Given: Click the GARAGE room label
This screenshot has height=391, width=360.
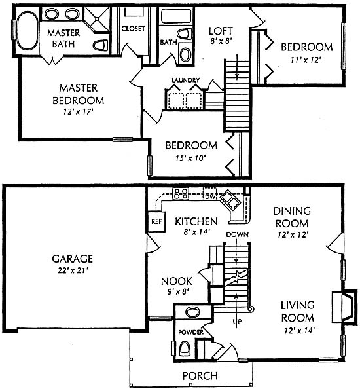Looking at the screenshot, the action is pyautogui.click(x=72, y=259).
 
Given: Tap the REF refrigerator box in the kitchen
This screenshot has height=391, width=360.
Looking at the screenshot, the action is pyautogui.click(x=156, y=221).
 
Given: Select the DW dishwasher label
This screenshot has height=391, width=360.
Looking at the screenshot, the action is pyautogui.click(x=211, y=197).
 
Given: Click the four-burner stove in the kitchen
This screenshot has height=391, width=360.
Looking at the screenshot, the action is pyautogui.click(x=181, y=194).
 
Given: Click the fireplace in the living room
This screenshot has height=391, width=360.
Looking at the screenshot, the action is pyautogui.click(x=346, y=307).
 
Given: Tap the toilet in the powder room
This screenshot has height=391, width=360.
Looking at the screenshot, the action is pyautogui.click(x=185, y=348).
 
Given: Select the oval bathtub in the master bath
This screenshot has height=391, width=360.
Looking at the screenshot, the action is pyautogui.click(x=27, y=30).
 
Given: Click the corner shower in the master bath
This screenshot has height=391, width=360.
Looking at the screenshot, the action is pyautogui.click(x=96, y=20).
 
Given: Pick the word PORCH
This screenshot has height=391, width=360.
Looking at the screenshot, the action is pyautogui.click(x=200, y=375).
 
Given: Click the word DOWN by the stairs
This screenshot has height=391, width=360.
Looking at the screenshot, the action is pyautogui.click(x=237, y=234).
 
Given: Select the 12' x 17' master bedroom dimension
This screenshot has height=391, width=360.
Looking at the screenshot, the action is pyautogui.click(x=79, y=112).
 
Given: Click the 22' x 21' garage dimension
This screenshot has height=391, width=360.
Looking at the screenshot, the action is pyautogui.click(x=72, y=270).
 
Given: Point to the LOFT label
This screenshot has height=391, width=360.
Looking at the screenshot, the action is pyautogui.click(x=221, y=31).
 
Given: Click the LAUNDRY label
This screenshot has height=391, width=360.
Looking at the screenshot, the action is pyautogui.click(x=186, y=80).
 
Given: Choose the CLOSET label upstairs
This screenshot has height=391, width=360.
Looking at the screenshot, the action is pyautogui.click(x=133, y=29).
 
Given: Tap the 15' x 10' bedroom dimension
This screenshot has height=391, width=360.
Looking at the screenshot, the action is pyautogui.click(x=190, y=158).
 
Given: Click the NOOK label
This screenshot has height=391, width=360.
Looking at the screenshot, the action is pyautogui.click(x=177, y=281).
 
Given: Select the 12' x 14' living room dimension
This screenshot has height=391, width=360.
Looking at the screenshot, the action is pyautogui.click(x=300, y=331).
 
